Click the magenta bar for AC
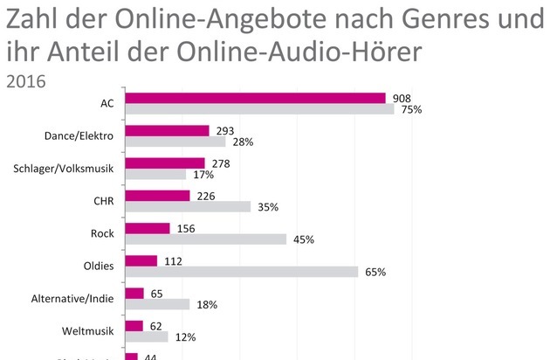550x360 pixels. (x=256, y=98)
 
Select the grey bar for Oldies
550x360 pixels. (x=242, y=272)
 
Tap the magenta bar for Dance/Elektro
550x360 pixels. (x=168, y=130)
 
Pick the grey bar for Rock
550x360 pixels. (x=206, y=239)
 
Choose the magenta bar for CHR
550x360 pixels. (x=158, y=196)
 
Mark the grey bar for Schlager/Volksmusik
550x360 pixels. (x=156, y=174)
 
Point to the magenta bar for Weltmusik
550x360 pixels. (x=134, y=326)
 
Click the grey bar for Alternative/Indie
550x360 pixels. (x=158, y=304)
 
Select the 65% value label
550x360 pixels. (x=375, y=273)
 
